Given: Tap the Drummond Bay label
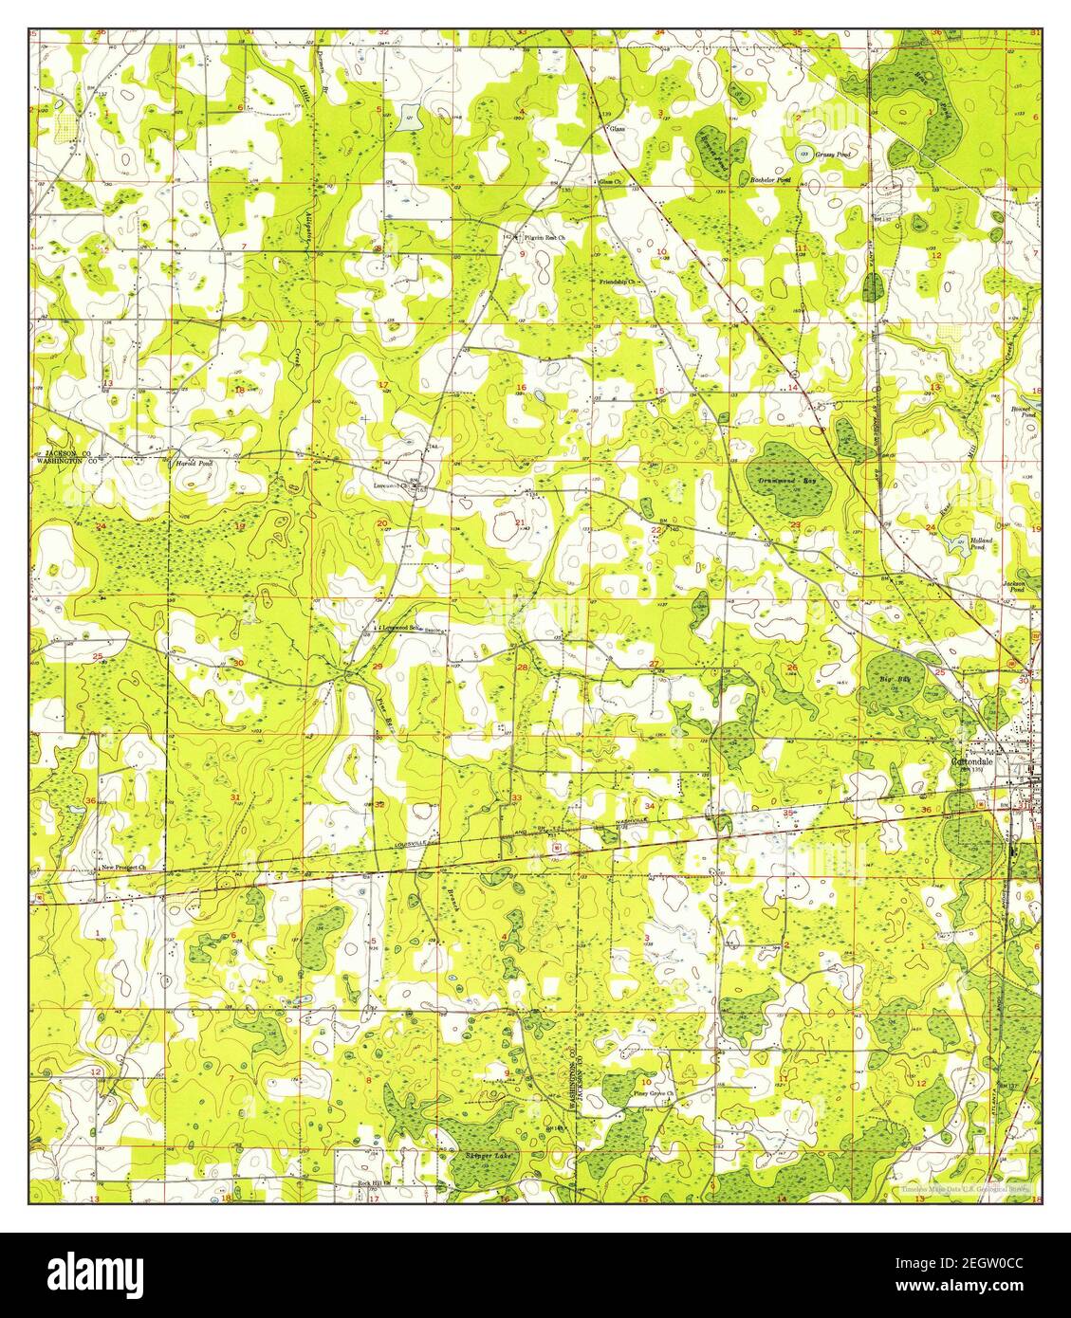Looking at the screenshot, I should pos(787,482).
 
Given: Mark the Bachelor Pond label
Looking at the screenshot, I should pos(769,178).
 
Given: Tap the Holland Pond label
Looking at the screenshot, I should pos(980,544).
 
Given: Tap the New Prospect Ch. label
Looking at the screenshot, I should pos(124,867).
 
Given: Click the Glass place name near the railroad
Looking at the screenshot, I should pos(618,127).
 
